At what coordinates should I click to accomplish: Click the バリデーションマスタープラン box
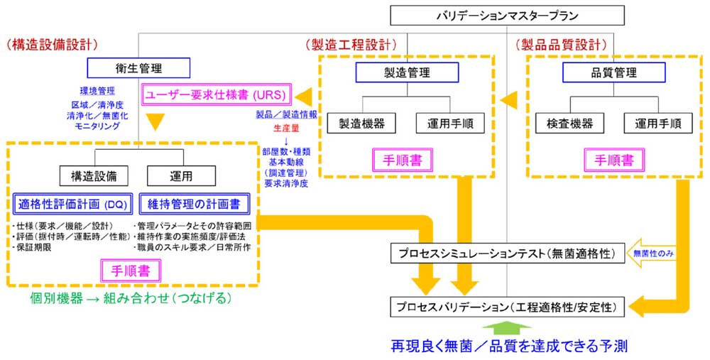pos(507,16)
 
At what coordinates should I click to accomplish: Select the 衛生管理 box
pos(138,68)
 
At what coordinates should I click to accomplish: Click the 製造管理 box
pos(402,72)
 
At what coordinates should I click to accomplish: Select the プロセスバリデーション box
pos(507,307)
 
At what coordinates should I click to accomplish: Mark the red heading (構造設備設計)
pos(51,44)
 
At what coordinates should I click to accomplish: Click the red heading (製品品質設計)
pos(557,44)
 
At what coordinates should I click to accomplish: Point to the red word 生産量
pos(286,129)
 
